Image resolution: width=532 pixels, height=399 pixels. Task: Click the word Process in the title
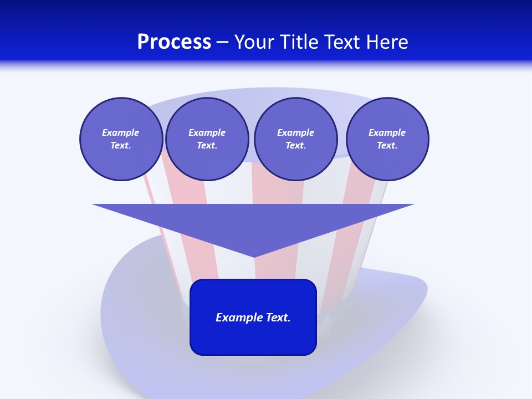click(174, 42)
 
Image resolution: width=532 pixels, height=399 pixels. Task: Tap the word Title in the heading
click(298, 42)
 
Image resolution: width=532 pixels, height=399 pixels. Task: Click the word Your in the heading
click(255, 42)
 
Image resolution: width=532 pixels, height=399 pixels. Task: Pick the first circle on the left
click(121, 139)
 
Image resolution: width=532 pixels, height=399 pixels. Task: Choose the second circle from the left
click(207, 139)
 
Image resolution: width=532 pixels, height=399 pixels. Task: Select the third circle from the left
click(295, 139)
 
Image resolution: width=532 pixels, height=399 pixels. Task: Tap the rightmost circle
click(387, 139)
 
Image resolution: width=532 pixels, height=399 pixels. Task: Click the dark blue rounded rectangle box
click(253, 338)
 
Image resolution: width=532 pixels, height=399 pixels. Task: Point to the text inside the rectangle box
click(253, 318)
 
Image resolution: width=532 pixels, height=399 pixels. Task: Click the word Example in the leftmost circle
click(121, 132)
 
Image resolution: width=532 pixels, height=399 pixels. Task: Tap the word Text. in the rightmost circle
click(387, 146)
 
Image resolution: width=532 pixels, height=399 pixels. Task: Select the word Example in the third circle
click(295, 132)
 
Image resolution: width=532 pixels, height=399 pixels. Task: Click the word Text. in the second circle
click(207, 146)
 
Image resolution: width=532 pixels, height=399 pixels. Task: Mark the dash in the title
click(222, 43)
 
